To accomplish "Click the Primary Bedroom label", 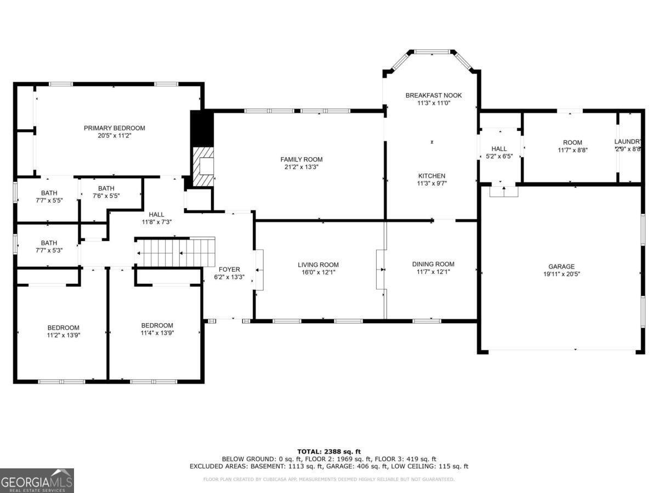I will pos(114,128).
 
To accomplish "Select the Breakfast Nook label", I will pos(433,95).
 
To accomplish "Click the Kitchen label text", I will pos(432,176).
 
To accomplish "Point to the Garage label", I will pos(561,267).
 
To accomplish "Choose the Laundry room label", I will pos(627,142).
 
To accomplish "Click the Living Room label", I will pos(318,265).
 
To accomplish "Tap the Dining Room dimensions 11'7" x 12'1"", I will pos(433,272).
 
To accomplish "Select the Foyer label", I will pos(229,270).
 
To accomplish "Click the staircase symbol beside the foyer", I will pos(175,253).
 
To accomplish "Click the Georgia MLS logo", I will pos(37,480).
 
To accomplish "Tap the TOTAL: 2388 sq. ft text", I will pos(329,451).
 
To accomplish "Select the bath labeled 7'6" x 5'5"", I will pos(106,192).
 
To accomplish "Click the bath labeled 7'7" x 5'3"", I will pos(49,246).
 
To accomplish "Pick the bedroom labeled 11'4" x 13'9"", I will pos(157,329).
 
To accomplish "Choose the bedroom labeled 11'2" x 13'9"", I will pos(63,331).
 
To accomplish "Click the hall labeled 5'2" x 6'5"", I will pos(499,152).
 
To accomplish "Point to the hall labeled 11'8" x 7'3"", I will pos(157,218).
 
